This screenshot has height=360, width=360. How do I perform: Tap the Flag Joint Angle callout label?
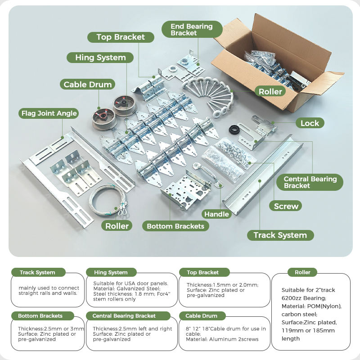pyautogui.click(x=49, y=113)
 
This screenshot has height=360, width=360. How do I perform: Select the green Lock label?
pyautogui.click(x=310, y=123)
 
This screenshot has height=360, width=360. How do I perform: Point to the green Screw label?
pyautogui.click(x=286, y=206)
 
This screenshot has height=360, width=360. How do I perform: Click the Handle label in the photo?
pyautogui.click(x=216, y=214)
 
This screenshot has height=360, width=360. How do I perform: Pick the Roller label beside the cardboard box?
pyautogui.click(x=270, y=91)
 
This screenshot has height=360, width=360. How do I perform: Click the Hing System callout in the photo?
pyautogui.click(x=100, y=58)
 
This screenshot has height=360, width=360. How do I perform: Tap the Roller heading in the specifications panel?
pyautogui.click(x=302, y=272)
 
